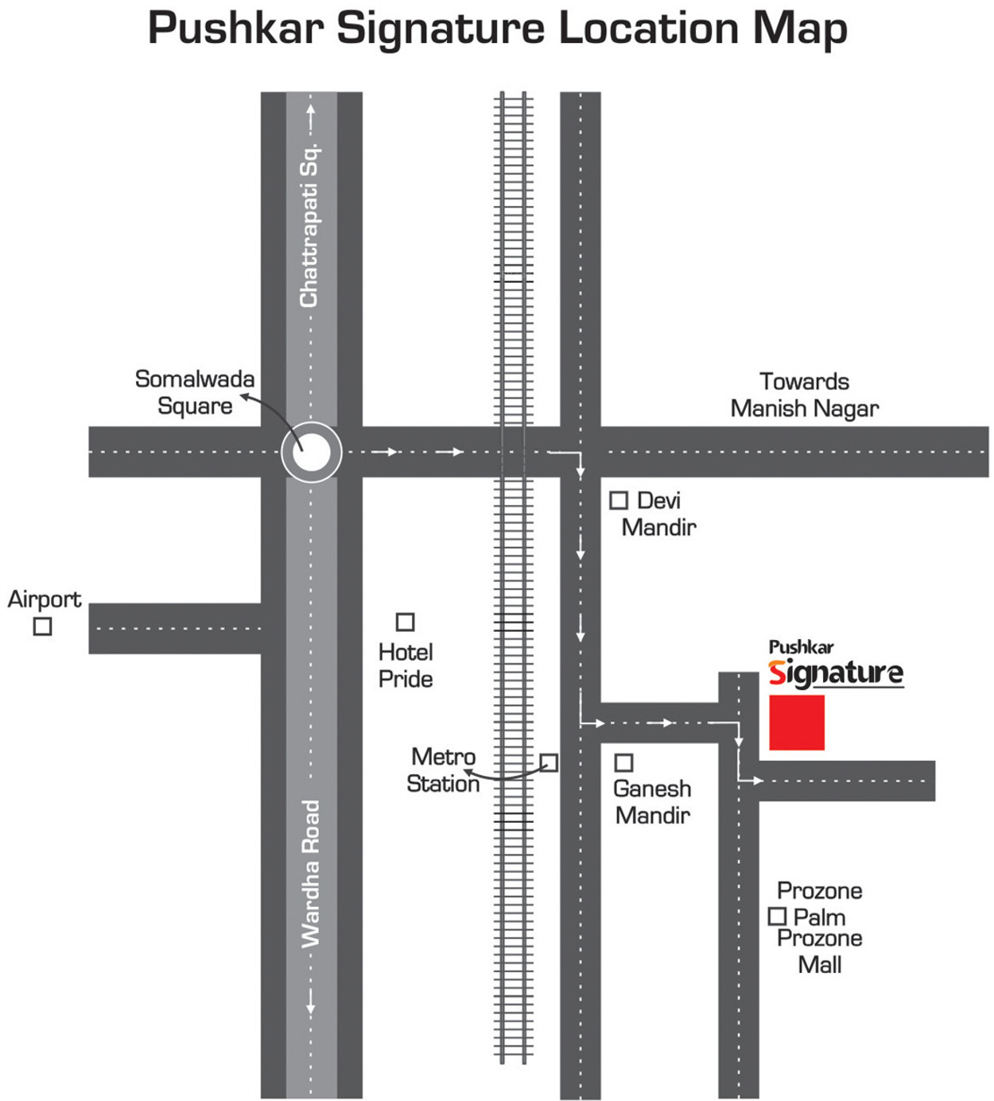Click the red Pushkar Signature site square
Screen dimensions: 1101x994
pyautogui.click(x=796, y=722)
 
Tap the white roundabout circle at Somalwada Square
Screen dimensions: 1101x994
pyautogui.click(x=311, y=453)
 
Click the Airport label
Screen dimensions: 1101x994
pyautogui.click(x=45, y=599)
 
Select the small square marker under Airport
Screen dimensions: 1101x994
pyautogui.click(x=43, y=626)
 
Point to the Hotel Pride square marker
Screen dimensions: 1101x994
pyautogui.click(x=406, y=622)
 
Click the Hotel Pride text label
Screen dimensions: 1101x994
pyautogui.click(x=406, y=666)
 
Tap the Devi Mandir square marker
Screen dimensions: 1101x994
pyautogui.click(x=619, y=501)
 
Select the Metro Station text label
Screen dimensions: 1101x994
pyautogui.click(x=443, y=770)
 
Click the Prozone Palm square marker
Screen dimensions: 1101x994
pyautogui.click(x=777, y=917)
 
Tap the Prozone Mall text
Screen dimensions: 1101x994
pyautogui.click(x=820, y=952)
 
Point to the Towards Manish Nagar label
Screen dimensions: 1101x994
pyautogui.click(x=804, y=395)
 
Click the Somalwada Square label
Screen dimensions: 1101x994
pyautogui.click(x=195, y=392)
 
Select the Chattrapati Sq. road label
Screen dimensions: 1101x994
pyautogui.click(x=309, y=225)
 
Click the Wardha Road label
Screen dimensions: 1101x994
pyautogui.click(x=309, y=874)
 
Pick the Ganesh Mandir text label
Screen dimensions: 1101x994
pyautogui.click(x=652, y=802)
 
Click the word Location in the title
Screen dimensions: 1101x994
pyautogui.click(x=649, y=29)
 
